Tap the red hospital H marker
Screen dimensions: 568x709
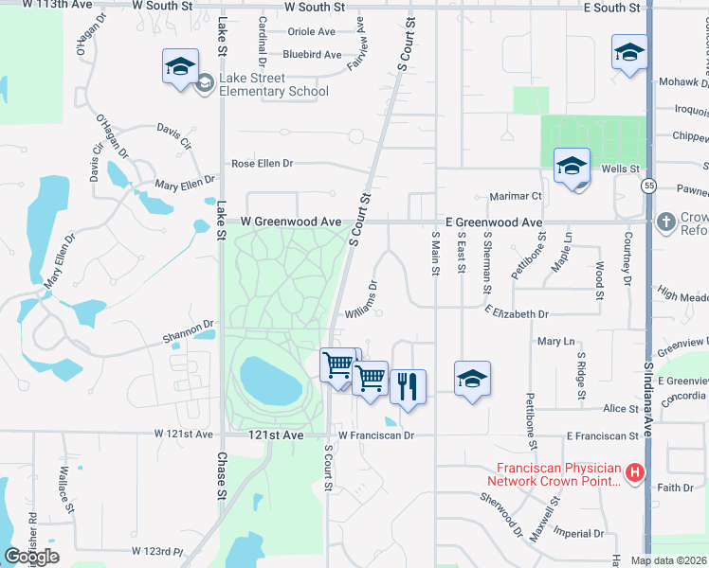tap(636, 471)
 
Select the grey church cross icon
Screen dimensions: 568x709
tap(666, 222)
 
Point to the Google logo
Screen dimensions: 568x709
tap(31, 557)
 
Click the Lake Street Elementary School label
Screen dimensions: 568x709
tap(273, 84)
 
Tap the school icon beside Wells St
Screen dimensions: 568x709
tap(572, 167)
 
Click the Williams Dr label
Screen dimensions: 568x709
tap(364, 301)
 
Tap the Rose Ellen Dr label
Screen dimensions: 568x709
tap(263, 164)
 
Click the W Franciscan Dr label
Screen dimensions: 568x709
tap(376, 435)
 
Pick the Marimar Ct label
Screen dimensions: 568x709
tap(515, 196)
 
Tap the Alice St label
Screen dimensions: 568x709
tap(621, 409)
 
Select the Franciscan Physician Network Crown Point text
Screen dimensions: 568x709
tap(559, 474)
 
